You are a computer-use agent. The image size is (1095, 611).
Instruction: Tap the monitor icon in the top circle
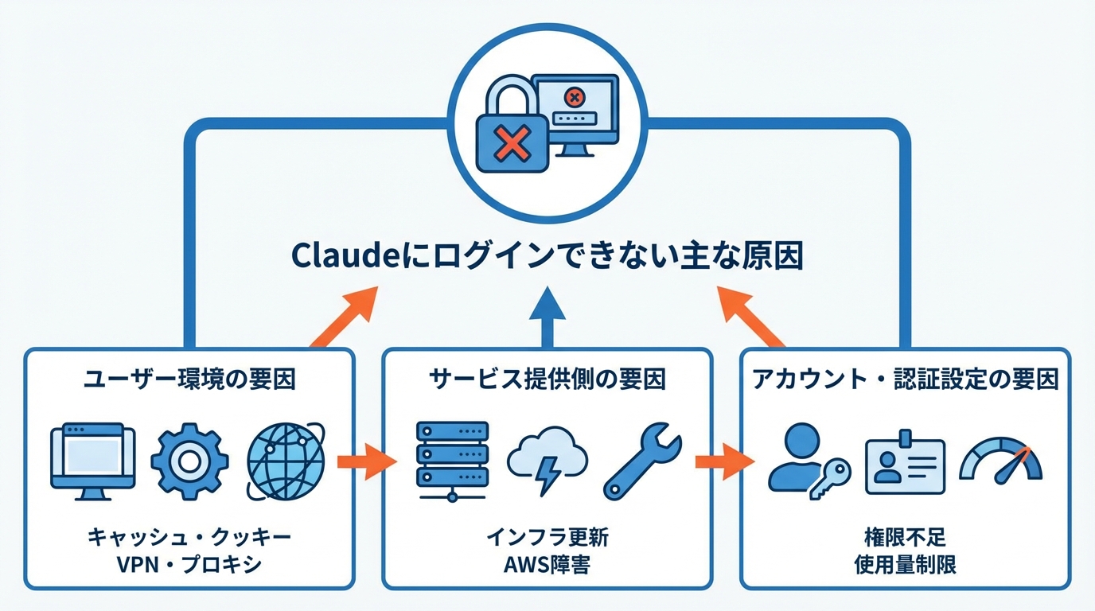(575, 111)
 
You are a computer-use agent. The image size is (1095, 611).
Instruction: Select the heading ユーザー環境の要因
(189, 379)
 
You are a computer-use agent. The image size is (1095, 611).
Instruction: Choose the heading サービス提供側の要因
(547, 379)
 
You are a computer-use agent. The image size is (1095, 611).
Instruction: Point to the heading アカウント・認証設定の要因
(905, 379)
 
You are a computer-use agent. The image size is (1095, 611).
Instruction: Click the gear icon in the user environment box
(189, 461)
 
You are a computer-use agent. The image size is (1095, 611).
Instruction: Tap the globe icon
(286, 461)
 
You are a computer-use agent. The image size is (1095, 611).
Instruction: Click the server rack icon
(452, 461)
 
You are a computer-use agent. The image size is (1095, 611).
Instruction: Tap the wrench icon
(642, 461)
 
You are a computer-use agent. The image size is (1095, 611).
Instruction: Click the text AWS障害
(547, 565)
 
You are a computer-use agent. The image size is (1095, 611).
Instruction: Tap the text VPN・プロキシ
(189, 565)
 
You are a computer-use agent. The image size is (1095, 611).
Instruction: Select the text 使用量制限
(905, 565)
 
